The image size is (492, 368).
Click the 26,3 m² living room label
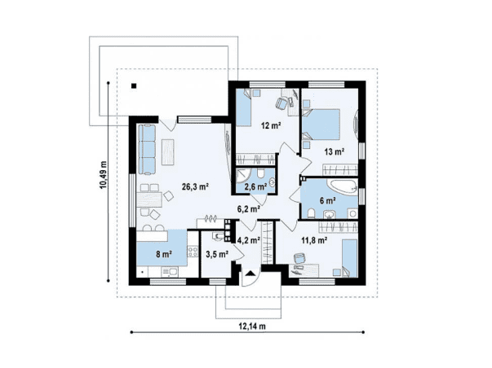pos(196,187)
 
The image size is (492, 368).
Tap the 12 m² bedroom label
pos(270,126)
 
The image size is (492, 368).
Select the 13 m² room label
pos(335,152)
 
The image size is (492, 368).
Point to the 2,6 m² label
pos(255,187)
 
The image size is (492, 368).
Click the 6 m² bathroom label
pos(328,200)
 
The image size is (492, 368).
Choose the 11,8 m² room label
pos(315,240)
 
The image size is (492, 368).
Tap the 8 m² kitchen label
pos(163,254)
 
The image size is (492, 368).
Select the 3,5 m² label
pos(217,254)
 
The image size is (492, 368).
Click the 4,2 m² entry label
pos(249,240)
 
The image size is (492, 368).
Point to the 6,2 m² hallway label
pos(249,209)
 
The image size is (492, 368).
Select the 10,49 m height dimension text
pos(104,175)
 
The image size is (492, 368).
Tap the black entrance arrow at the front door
pos(250,274)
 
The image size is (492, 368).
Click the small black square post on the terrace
pos(134,85)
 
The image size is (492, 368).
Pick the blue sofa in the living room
pos(147,149)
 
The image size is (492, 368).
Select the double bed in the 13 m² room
pos(322,124)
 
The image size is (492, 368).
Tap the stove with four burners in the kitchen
pos(193,252)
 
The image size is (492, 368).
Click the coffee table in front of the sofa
pos(168,152)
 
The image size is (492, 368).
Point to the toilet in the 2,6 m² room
pos(261,173)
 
